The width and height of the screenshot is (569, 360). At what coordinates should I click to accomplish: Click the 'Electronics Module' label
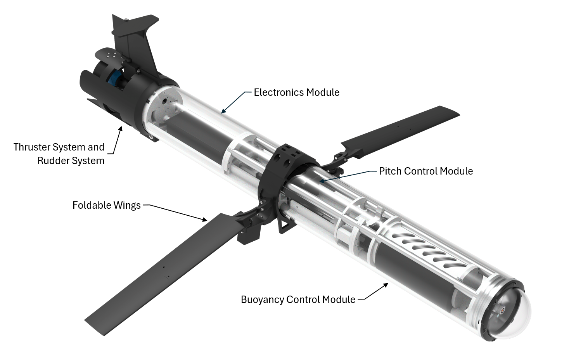tap(296, 92)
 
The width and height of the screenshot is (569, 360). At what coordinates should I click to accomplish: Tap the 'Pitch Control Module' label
tap(426, 171)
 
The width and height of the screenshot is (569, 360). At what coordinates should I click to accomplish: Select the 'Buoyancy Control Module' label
tap(298, 300)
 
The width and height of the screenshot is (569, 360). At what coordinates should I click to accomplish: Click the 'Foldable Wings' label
tap(106, 206)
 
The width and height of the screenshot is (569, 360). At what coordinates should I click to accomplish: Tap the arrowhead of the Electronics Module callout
tap(223, 111)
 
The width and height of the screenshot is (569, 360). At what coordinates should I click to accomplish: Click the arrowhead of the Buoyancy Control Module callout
tap(386, 285)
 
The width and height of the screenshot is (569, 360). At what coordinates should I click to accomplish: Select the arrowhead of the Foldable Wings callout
tap(205, 220)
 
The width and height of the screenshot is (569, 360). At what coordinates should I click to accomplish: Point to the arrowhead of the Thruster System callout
tap(121, 128)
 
